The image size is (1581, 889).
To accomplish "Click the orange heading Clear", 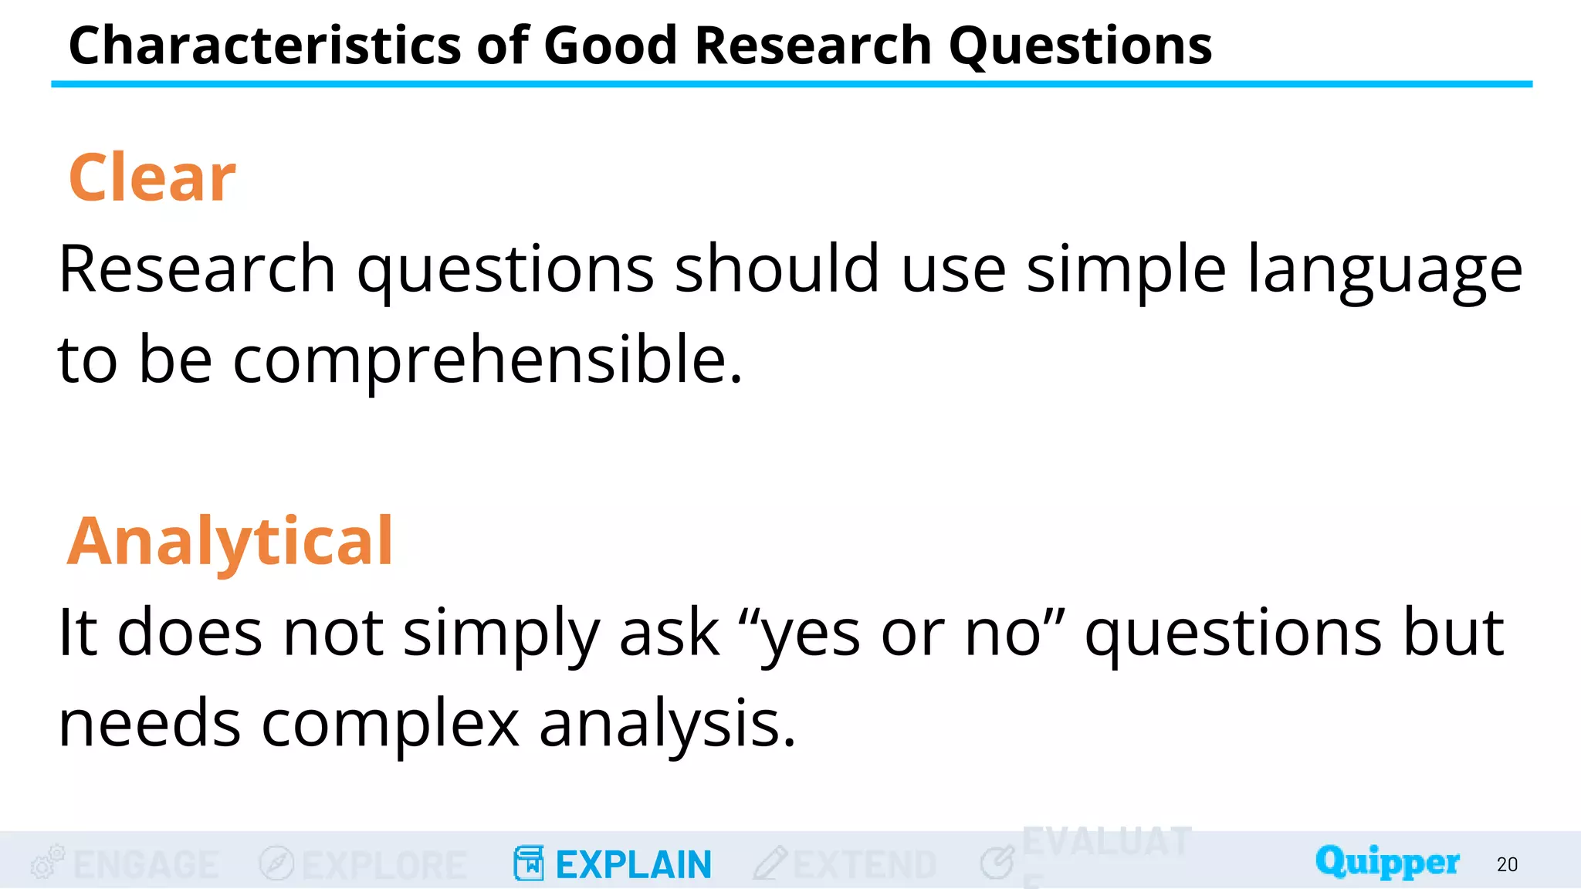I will tap(152, 177).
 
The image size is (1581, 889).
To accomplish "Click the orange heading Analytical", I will tap(230, 541).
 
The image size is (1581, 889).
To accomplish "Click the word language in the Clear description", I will tap(1385, 270).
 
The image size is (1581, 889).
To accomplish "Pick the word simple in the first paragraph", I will tap(1126, 270).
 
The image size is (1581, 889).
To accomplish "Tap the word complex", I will tap(390, 724).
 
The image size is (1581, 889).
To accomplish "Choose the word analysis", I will tap(667, 724).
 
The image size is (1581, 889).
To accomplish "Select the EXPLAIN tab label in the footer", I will tap(633, 864).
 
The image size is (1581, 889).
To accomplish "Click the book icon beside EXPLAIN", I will tap(529, 863).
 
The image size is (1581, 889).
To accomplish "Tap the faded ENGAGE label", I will tap(147, 864).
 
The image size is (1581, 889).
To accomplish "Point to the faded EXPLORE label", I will tap(384, 864).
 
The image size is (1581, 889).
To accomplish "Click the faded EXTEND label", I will tap(865, 864).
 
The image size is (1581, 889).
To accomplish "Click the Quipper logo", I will tap(1387, 861).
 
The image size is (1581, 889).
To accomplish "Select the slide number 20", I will tap(1507, 864).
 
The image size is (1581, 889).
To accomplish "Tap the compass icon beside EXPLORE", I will tap(276, 863).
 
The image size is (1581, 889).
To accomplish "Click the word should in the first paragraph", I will tap(777, 269).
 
